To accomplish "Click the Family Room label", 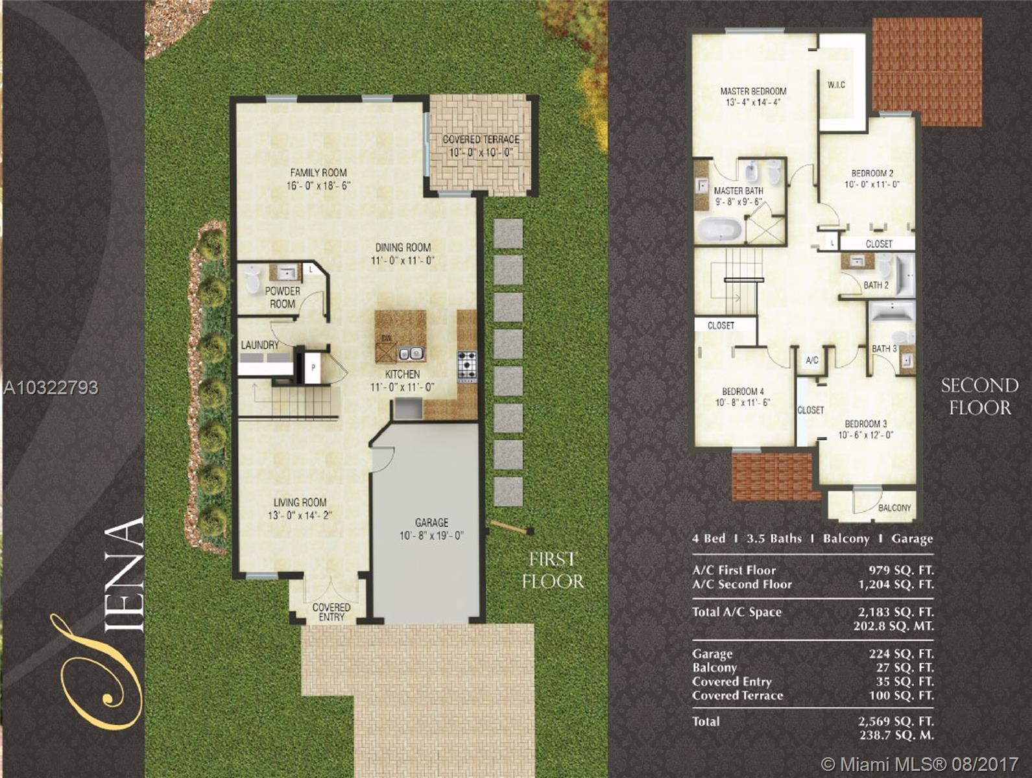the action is pos(318,172).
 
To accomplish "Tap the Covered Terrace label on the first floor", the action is pos(481,139).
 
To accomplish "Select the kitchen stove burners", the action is pos(467,367).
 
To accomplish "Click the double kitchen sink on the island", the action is pos(411,353).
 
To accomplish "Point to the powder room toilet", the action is pos(252,279).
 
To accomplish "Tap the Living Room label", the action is pos(300,502).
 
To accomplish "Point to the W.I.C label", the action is pos(836,85).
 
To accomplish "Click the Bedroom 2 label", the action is pos(872,173).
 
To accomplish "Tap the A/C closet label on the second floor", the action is pos(812,360).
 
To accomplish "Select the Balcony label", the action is pos(894,508).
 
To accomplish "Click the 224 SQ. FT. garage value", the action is pos(901,654).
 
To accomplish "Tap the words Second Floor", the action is pos(980,397).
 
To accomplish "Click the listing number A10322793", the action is pos(51,388).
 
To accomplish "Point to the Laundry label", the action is pos(259,346).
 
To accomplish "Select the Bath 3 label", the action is pos(884,349).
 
